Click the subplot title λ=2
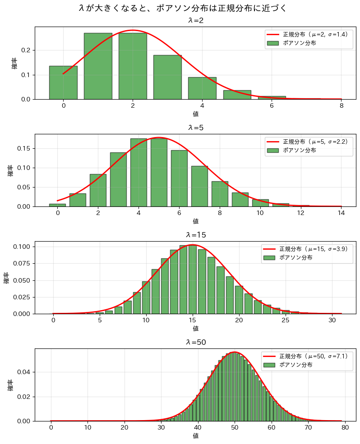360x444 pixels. coord(195,21)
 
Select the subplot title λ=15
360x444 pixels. coord(195,235)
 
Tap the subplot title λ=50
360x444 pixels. coord(195,342)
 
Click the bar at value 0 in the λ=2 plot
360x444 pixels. coord(63,82)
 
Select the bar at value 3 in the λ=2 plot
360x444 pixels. coord(167,77)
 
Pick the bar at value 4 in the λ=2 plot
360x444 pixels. coord(202,88)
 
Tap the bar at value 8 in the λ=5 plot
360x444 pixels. coord(220,194)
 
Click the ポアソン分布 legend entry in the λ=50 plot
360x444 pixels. coord(296,365)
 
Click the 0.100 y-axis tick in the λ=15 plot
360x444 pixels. coord(22,247)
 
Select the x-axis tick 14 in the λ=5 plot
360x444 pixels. coord(341,213)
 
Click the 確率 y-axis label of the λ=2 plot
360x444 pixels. coord(14,63)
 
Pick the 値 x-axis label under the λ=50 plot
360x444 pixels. coord(195,436)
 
